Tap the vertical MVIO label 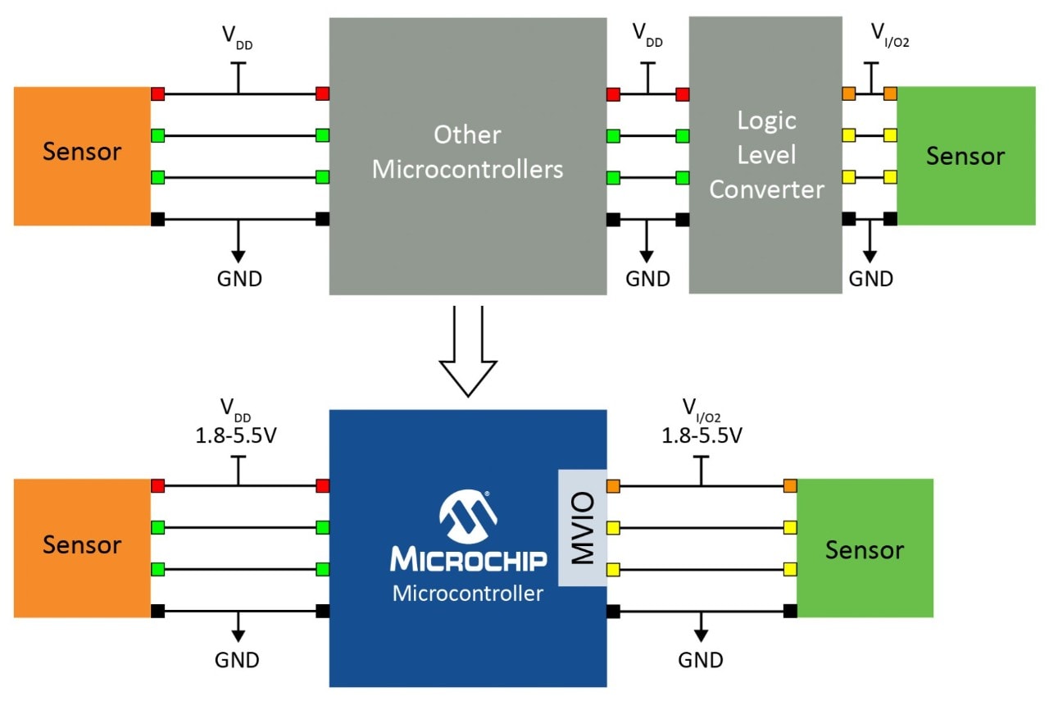(582, 528)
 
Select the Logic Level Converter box (765, 155)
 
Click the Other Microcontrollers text (468, 152)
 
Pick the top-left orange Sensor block (82, 155)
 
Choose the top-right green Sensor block (965, 155)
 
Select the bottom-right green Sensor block (864, 549)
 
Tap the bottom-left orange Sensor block (82, 545)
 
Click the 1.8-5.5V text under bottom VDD (238, 435)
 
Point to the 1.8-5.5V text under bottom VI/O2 (702, 435)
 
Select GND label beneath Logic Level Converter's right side (870, 279)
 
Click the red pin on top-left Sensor (157, 93)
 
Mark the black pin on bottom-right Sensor (790, 611)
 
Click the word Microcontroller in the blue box (468, 593)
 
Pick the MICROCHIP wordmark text (468, 561)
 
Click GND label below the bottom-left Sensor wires (238, 659)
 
